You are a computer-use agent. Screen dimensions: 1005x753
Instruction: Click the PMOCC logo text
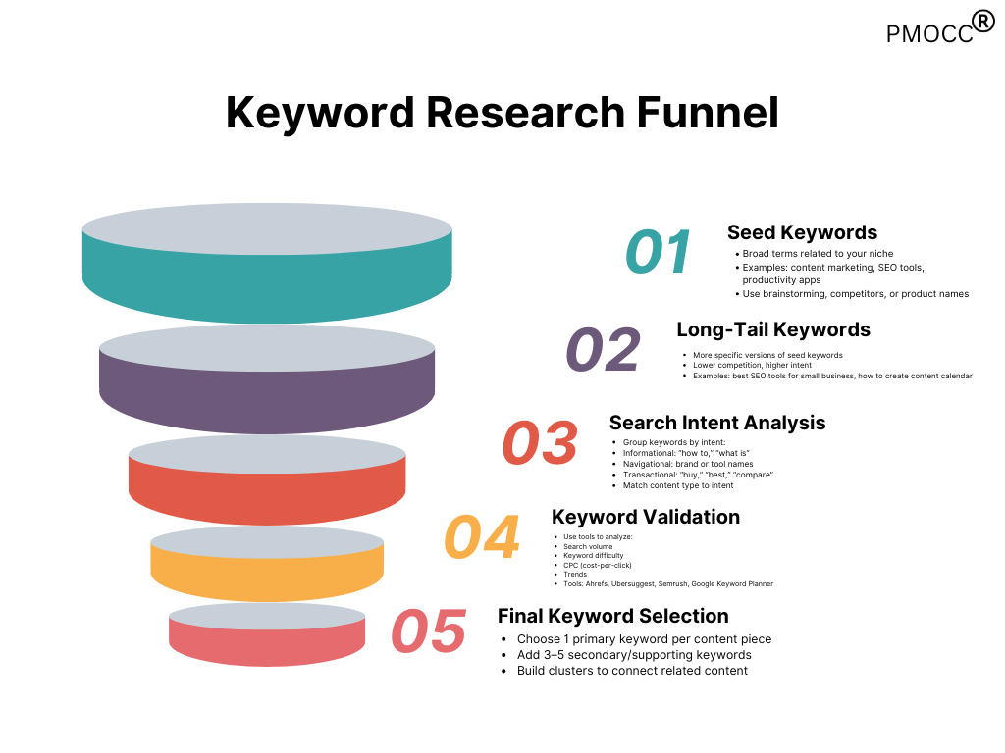[929, 34]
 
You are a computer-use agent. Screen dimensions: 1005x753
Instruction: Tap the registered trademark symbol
[983, 22]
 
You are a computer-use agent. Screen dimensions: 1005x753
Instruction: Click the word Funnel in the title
[708, 113]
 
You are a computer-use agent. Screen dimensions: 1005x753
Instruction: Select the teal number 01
[659, 252]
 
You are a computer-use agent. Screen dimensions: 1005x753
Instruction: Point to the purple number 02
[604, 350]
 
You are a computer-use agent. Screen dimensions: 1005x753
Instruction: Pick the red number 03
[540, 442]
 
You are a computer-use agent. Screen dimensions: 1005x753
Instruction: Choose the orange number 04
[481, 536]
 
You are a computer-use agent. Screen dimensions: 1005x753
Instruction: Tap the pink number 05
[428, 631]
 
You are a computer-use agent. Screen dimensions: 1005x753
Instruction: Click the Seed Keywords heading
[803, 232]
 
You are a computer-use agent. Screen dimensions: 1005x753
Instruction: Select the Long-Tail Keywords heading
[773, 329]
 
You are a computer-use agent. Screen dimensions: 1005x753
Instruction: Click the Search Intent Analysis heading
[717, 423]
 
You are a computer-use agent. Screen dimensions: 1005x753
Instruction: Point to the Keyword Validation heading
[646, 517]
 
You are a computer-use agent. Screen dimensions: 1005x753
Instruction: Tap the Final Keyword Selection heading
[612, 616]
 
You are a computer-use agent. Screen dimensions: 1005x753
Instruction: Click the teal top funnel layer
[267, 281]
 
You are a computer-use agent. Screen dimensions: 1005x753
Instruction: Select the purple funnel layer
[267, 394]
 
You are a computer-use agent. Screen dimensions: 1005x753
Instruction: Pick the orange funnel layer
[267, 573]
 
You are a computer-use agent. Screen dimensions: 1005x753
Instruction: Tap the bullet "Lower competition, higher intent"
[752, 365]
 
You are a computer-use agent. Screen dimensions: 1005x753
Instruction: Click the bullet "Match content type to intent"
[678, 485]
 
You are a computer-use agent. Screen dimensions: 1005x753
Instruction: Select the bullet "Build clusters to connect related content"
[632, 671]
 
